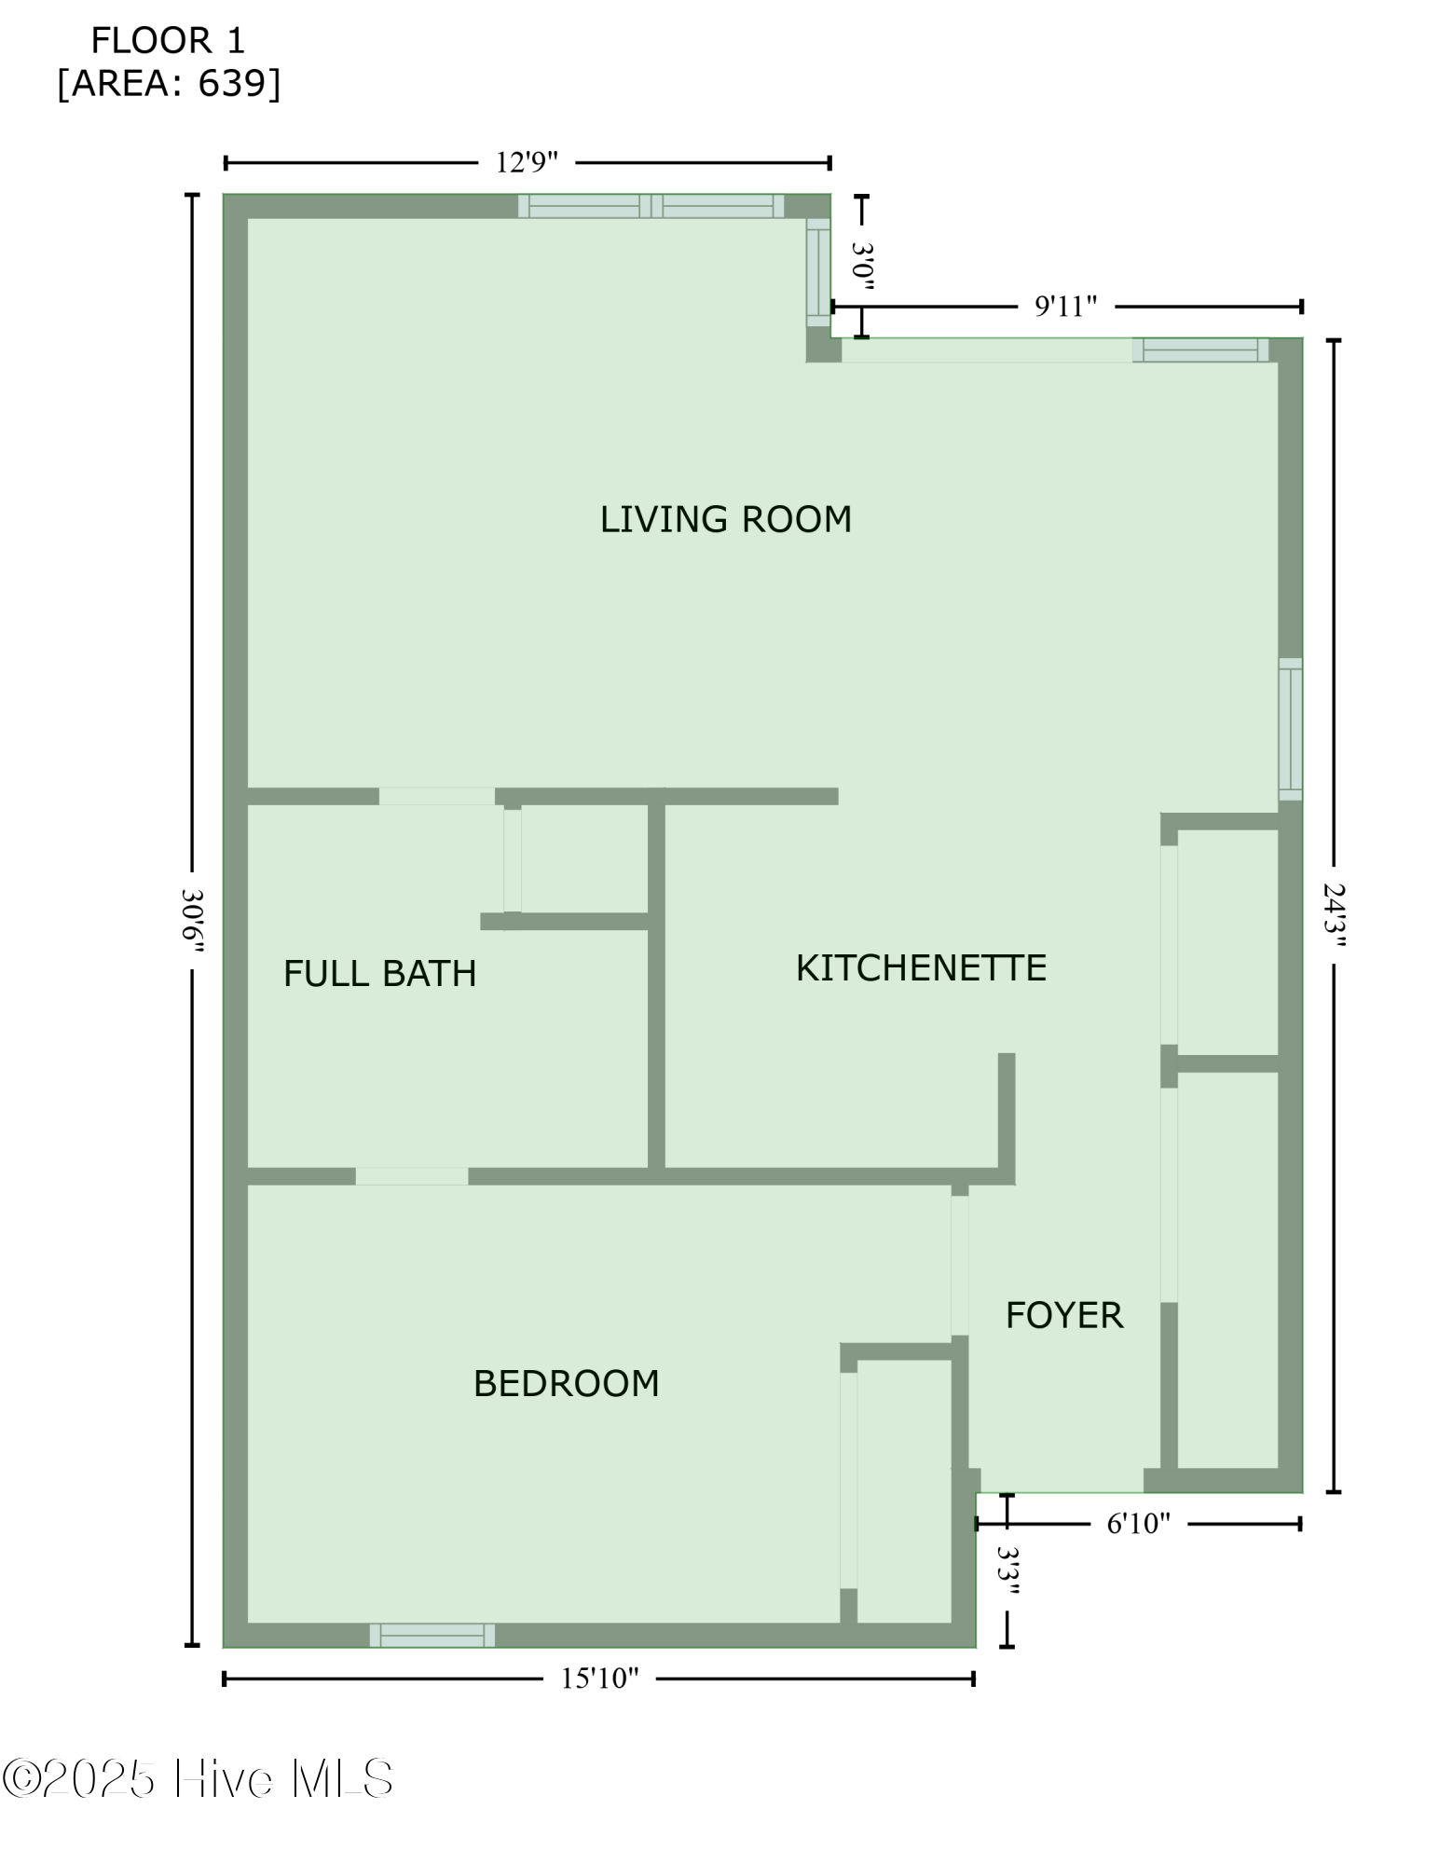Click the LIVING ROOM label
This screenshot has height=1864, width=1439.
pyautogui.click(x=725, y=519)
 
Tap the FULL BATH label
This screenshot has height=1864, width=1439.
pyautogui.click(x=379, y=974)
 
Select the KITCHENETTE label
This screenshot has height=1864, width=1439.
pyautogui.click(x=921, y=968)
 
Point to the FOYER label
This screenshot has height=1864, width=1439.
pyautogui.click(x=1063, y=1315)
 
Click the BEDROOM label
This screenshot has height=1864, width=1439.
pyautogui.click(x=566, y=1383)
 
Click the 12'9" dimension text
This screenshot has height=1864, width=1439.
pyautogui.click(x=527, y=163)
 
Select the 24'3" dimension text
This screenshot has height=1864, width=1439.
pyautogui.click(x=1335, y=915)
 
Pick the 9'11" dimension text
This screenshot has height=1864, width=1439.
pyautogui.click(x=1065, y=307)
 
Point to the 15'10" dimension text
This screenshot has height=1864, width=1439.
pyautogui.click(x=599, y=1679)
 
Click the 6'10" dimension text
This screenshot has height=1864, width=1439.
pyautogui.click(x=1138, y=1524)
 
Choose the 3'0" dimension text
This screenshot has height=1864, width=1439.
pyautogui.click(x=863, y=267)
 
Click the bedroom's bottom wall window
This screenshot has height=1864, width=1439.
pyautogui.click(x=432, y=1635)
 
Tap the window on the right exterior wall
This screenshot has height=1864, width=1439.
pyautogui.click(x=1290, y=729)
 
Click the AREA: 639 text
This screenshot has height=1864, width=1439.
pyautogui.click(x=169, y=84)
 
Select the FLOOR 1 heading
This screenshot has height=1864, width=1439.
pyautogui.click(x=168, y=41)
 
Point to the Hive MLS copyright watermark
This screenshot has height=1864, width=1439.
pyautogui.click(x=198, y=1779)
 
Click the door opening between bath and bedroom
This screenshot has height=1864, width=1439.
pyautogui.click(x=411, y=1176)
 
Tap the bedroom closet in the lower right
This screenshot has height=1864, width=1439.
pyautogui.click(x=903, y=1491)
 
